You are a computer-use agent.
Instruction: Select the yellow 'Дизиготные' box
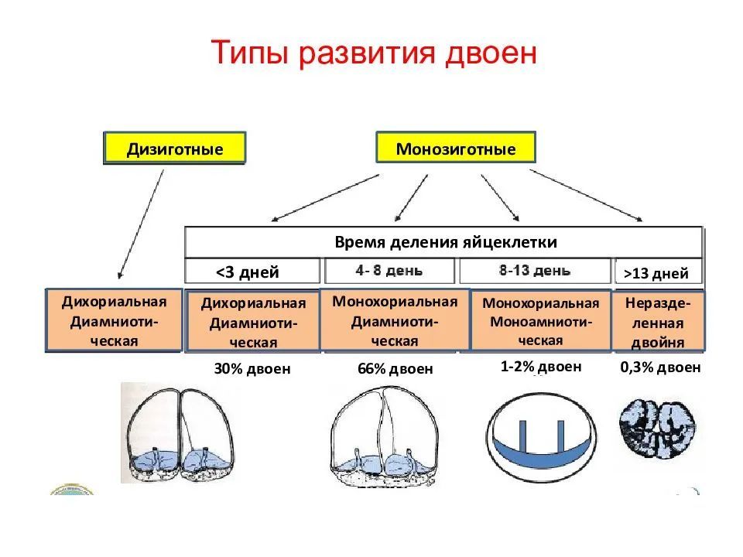[x=175, y=148]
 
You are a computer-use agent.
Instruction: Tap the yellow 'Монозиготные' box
[x=455, y=148]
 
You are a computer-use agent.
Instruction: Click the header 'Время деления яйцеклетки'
[x=445, y=241]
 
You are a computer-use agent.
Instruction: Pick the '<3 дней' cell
[x=252, y=272]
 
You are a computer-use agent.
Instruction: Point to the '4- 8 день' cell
[x=389, y=271]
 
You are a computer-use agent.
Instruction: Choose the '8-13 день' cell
[x=535, y=271]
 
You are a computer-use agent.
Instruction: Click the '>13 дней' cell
[x=657, y=272]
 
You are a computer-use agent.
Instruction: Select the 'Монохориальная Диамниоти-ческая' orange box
[x=395, y=320]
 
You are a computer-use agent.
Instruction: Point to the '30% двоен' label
[x=252, y=369]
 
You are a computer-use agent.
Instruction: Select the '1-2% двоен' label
[x=541, y=367]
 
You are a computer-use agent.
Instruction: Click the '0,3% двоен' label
[x=660, y=367]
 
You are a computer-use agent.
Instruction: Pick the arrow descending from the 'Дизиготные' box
[x=141, y=224]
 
